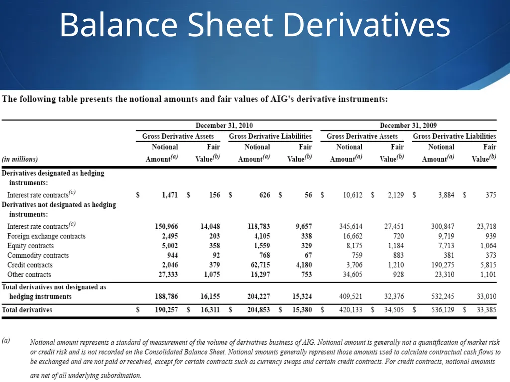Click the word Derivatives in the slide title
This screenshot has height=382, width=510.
pyautogui.click(x=367, y=25)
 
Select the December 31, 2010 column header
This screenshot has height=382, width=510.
pyautogui.click(x=224, y=126)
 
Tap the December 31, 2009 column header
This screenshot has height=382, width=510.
pyautogui.click(x=408, y=126)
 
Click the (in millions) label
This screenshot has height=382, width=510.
pyautogui.click(x=20, y=159)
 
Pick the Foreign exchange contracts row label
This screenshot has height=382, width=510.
pyautogui.click(x=46, y=236)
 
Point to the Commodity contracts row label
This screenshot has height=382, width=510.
pyautogui.click(x=38, y=255)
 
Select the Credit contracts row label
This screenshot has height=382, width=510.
pyautogui.click(x=30, y=265)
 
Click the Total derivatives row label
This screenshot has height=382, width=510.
pyautogui.click(x=27, y=310)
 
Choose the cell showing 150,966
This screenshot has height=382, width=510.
pyautogui.click(x=166, y=226)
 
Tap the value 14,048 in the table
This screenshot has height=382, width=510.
pyautogui.click(x=210, y=226)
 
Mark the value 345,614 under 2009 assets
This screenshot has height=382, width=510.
pyautogui.click(x=351, y=226)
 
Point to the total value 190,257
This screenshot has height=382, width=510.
pyautogui.click(x=166, y=310)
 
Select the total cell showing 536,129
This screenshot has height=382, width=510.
pyautogui.click(x=443, y=310)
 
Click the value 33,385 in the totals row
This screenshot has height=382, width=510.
pyautogui.click(x=486, y=310)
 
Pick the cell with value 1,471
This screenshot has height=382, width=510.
pyautogui.click(x=170, y=195)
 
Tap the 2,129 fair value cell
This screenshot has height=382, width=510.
pyautogui.click(x=396, y=195)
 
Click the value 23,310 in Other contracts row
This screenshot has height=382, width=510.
pyautogui.click(x=444, y=275)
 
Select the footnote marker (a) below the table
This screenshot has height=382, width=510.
pyautogui.click(x=6, y=340)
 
